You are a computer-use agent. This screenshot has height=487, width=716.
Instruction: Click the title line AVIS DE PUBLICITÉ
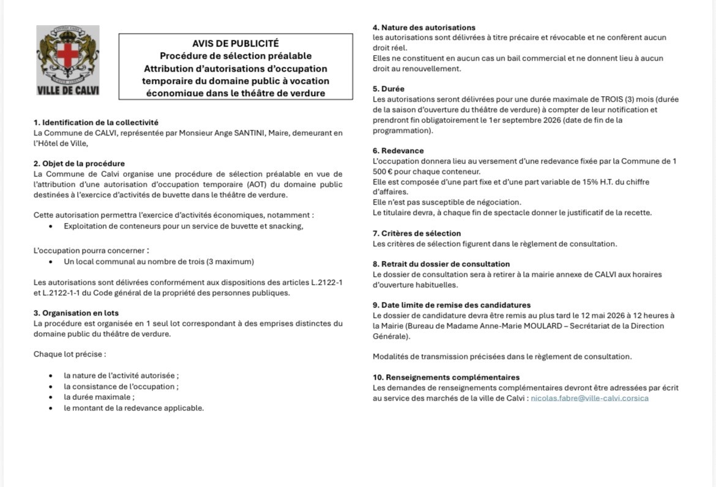(236, 43)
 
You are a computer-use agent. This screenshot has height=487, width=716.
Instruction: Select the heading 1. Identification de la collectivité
(96, 123)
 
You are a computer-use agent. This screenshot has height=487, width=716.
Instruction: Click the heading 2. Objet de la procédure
(79, 164)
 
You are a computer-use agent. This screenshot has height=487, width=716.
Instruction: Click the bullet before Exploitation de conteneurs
(50, 226)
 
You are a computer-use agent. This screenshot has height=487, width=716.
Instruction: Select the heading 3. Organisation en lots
(76, 313)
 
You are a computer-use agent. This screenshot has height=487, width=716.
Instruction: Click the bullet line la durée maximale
(99, 397)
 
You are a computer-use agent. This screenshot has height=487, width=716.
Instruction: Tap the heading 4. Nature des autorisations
(423, 28)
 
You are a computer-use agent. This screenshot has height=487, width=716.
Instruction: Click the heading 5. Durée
(388, 89)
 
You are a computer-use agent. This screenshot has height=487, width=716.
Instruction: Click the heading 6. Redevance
(398, 151)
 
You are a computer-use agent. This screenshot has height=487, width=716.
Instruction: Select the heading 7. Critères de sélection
(416, 233)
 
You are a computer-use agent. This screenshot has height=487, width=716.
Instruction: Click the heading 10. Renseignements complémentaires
(446, 377)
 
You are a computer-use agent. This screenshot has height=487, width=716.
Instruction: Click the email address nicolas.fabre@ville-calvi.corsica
(589, 398)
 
